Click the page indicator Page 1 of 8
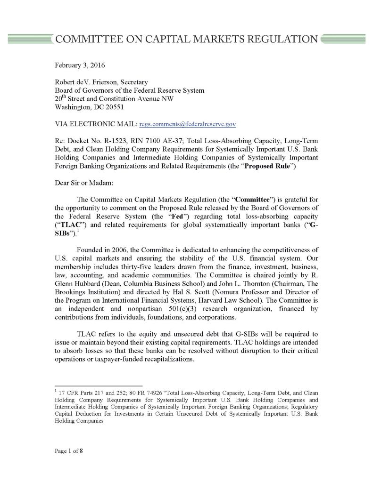[x=69, y=451]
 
